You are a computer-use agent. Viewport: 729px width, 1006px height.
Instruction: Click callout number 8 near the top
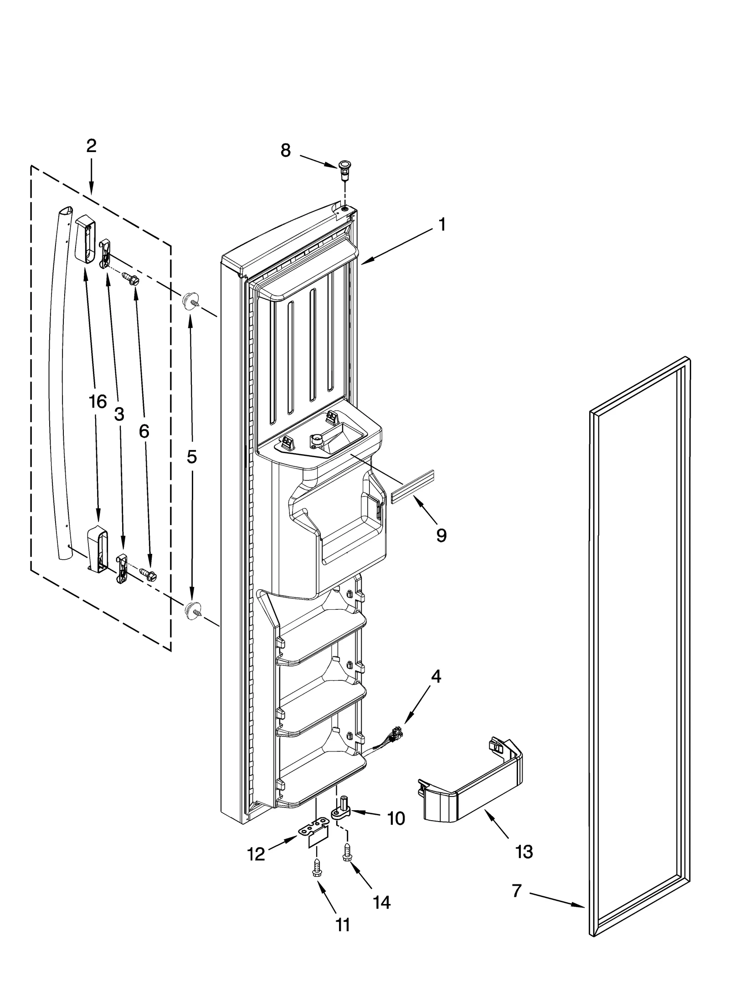coord(285,150)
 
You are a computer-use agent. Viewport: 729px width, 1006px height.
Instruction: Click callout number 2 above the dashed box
coord(91,146)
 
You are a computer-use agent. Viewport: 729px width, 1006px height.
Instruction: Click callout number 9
coord(441,536)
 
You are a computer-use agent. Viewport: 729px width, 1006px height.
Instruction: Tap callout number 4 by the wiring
coord(436,689)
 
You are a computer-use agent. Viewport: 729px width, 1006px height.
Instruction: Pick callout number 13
coord(524,851)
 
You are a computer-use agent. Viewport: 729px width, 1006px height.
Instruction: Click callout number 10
coord(396,818)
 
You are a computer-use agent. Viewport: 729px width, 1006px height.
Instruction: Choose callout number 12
coord(256,854)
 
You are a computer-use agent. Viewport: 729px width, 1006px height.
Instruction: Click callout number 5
coord(192,457)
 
